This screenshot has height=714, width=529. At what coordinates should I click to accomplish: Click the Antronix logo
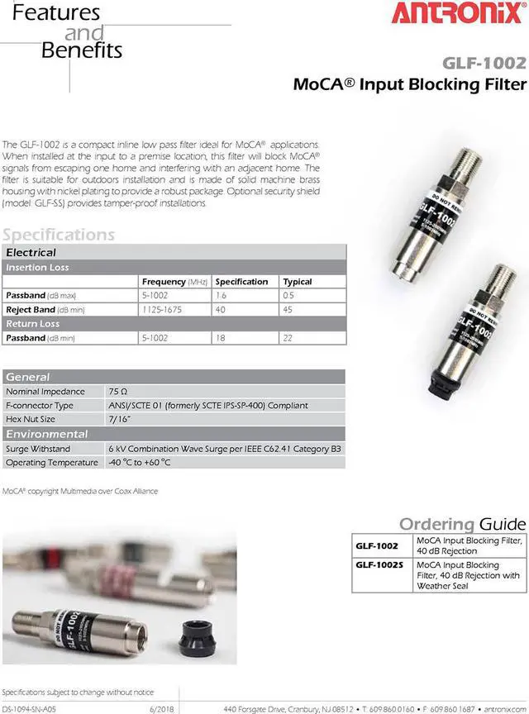[468, 14]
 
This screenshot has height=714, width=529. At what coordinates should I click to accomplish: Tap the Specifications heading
[59, 235]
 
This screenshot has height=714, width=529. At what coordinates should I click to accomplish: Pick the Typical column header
[297, 281]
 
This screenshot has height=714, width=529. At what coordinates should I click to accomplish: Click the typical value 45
[288, 309]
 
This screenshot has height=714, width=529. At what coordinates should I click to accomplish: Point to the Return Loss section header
[33, 323]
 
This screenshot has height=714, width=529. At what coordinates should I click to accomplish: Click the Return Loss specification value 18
[221, 337]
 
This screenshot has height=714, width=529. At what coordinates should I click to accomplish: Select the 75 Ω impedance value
[119, 391]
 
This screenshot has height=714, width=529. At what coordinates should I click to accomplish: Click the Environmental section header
[47, 434]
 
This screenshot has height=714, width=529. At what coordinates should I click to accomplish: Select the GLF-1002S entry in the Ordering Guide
[379, 565]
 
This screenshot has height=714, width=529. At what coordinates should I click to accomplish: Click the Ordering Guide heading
[462, 524]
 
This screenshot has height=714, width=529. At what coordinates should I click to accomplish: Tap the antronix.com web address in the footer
[507, 708]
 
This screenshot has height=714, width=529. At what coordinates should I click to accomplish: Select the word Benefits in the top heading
[82, 50]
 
